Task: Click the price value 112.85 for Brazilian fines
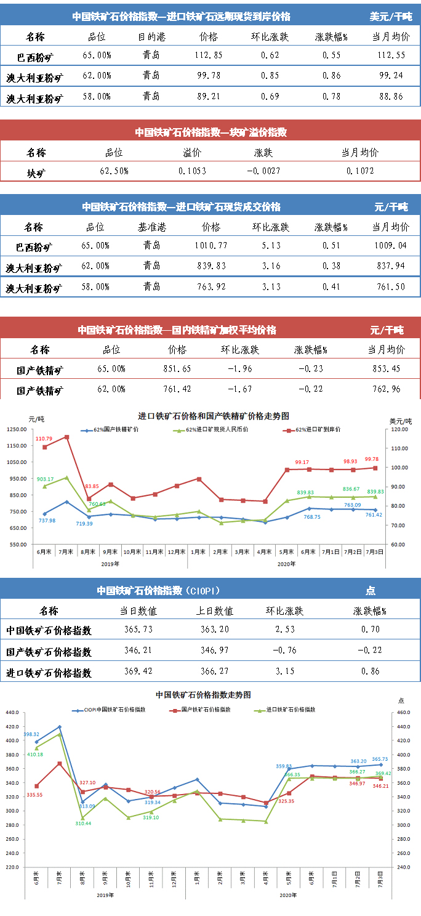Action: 209,55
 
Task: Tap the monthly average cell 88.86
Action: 391,97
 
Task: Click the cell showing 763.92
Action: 210,286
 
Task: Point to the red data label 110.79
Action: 44,439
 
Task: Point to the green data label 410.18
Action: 35,755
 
